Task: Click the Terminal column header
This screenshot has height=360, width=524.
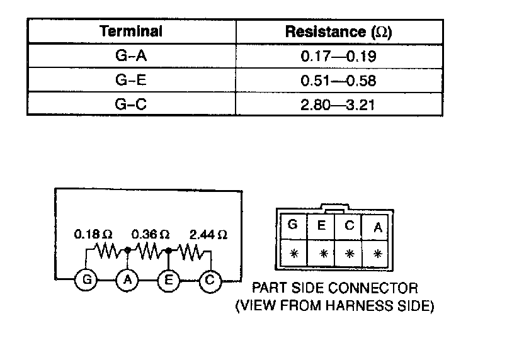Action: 131,31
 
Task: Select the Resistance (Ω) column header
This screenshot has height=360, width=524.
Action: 338,32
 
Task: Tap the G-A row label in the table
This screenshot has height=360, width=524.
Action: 131,57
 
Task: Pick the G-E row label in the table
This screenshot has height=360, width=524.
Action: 131,81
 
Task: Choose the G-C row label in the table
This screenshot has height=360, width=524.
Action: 131,104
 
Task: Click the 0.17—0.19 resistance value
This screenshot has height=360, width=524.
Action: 338,57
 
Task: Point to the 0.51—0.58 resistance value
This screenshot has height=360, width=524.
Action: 338,81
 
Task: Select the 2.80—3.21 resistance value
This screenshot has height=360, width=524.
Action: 338,104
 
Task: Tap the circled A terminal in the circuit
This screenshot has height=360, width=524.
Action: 127,280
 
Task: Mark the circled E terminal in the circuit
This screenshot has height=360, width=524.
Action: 168,280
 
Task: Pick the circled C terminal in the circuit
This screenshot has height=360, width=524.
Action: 209,280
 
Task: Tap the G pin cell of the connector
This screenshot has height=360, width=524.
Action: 293,225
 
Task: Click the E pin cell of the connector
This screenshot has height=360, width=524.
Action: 321,225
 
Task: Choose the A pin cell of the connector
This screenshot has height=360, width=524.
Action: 377,227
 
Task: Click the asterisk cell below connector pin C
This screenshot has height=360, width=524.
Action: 350,254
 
